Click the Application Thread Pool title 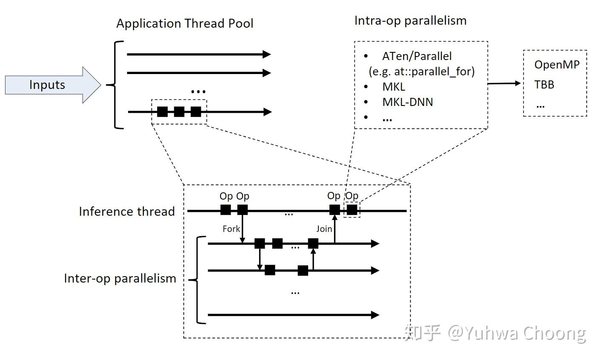[185, 23]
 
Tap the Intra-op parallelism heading [410, 21]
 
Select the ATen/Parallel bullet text [417, 56]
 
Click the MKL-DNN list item [407, 102]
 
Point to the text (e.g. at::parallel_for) [421, 71]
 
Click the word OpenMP [557, 65]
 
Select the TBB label [544, 85]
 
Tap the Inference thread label [127, 211]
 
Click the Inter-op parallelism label [120, 278]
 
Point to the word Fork [231, 229]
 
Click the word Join [324, 229]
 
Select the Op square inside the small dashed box [352, 210]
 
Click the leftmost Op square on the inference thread [226, 210]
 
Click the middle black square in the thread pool [179, 112]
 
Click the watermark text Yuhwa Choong [524, 333]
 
